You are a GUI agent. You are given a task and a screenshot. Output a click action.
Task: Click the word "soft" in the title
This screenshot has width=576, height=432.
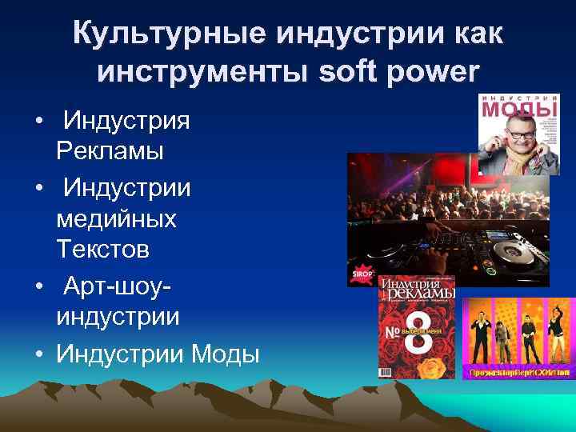coord(351,71)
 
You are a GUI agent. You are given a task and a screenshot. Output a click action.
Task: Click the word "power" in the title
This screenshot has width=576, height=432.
coord(434,73)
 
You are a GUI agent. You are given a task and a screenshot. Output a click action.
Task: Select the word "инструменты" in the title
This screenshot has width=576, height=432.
coord(204,71)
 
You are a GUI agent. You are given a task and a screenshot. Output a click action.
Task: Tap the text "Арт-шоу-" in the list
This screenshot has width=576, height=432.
coord(118,286)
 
